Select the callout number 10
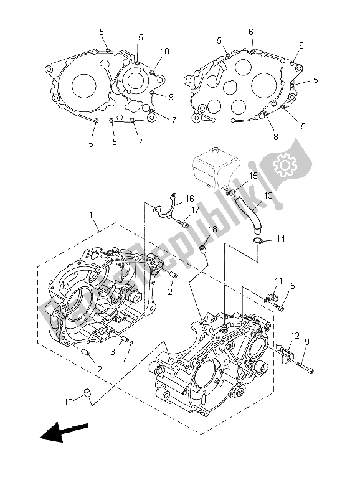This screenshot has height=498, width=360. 165,51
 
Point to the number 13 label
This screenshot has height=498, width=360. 268,195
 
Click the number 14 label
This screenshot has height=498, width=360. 280,238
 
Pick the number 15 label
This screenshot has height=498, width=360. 253,176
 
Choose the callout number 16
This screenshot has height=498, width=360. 190,199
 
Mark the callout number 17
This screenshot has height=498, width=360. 195,210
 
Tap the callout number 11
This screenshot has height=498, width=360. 279,282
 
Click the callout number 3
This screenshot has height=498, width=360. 113,352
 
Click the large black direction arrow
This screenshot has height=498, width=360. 64,432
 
